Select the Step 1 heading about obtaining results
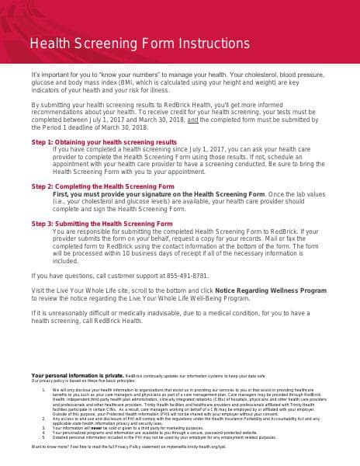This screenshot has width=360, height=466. [x=104, y=143]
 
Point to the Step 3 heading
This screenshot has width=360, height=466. [x=102, y=224]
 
